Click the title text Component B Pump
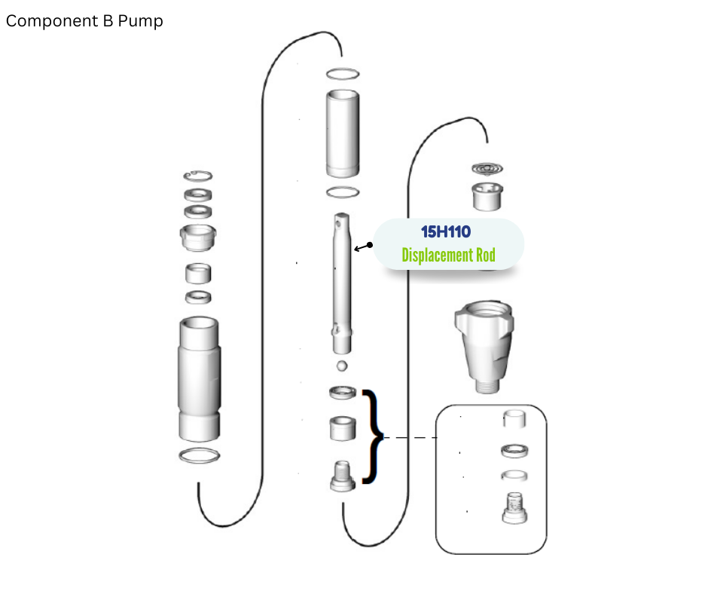coord(84,21)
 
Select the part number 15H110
coord(446,232)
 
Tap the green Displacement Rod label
coord(448,255)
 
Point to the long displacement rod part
coord(342,283)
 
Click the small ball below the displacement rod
coord(342,366)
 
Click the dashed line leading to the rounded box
coord(410,438)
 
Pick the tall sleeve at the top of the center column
coord(343,133)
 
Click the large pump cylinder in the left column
coord(200,379)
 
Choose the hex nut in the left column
coord(198,237)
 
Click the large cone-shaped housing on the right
coord(484,346)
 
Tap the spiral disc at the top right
coord(487,169)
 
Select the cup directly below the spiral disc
coord(487,196)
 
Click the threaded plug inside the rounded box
coord(514,508)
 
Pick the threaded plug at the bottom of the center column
coord(343,476)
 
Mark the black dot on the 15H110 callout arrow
coord(370,245)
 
